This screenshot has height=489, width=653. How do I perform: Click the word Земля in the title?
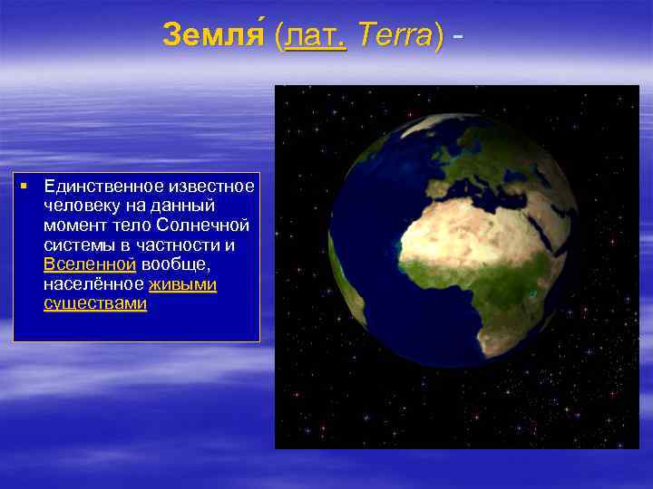point(216,36)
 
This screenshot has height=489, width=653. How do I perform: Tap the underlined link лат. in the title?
point(316,36)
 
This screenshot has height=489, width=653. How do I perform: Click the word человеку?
point(76,206)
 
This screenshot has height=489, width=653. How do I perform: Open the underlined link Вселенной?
point(89,264)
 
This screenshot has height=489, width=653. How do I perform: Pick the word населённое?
point(93,284)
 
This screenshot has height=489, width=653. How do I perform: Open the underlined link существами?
point(94,304)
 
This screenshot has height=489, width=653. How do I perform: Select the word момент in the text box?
point(73,225)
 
